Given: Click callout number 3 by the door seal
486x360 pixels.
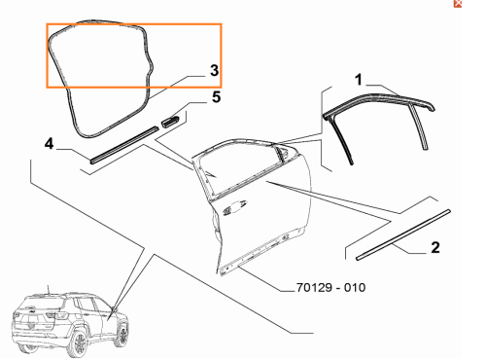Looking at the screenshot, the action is [214, 70].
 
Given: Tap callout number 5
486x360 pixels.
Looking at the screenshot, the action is [216, 97].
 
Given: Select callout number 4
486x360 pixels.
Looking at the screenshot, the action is [49, 143].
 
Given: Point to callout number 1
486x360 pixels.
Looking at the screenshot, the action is [358, 80].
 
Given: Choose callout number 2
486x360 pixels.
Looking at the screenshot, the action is [435, 247].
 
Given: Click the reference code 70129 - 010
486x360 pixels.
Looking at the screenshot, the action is [330, 287].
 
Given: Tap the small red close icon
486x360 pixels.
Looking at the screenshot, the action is [458, 4].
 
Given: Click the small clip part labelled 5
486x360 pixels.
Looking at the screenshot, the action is [170, 121].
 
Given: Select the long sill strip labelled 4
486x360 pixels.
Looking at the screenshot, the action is [124, 145].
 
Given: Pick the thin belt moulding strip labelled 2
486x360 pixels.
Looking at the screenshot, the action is [403, 234].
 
